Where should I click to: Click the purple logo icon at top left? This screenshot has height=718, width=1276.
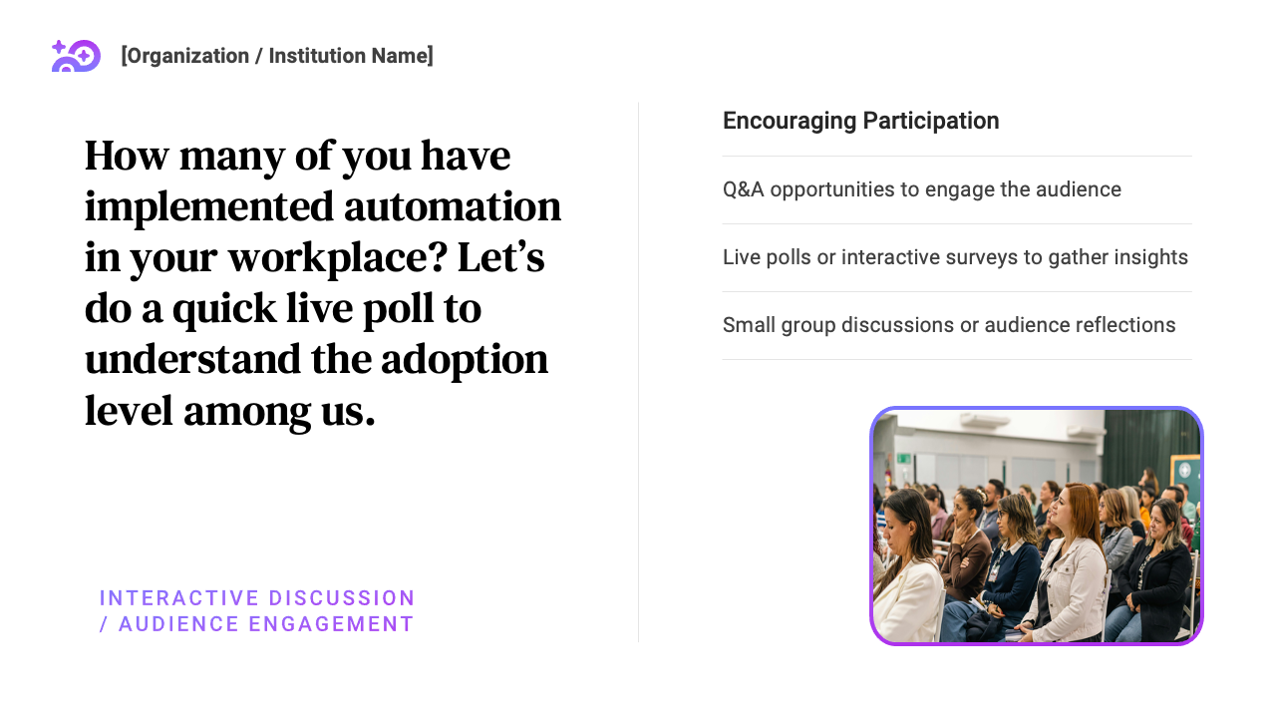(76, 56)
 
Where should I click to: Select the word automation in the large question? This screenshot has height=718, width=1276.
(453, 206)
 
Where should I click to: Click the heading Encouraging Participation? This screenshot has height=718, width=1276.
(860, 121)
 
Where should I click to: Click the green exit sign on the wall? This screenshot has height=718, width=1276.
(903, 458)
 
